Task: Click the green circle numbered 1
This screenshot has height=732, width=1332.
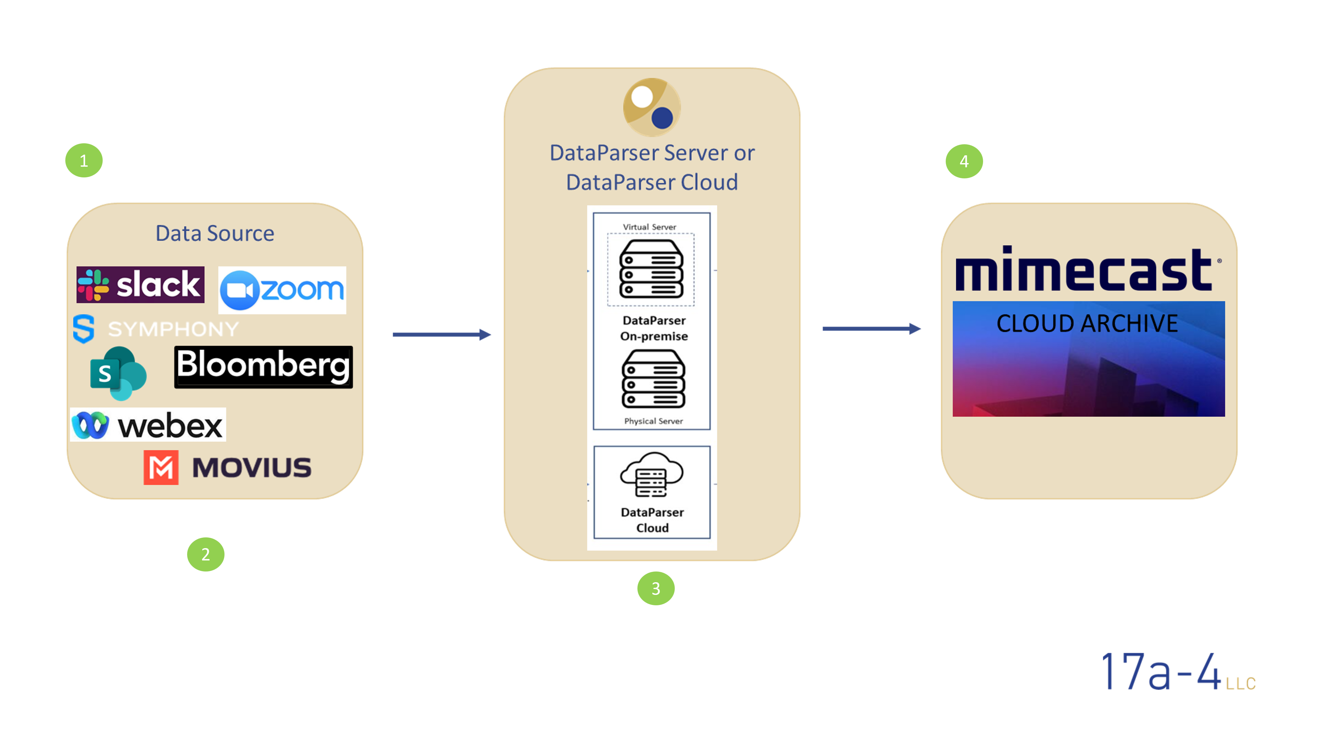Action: point(84,161)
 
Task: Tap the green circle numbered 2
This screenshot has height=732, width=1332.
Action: point(206,555)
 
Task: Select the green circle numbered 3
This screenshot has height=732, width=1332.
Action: point(656,588)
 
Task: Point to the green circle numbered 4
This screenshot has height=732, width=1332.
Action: point(964,161)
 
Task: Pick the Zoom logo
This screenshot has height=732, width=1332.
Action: point(282,290)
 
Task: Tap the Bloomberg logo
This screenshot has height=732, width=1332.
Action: point(263,366)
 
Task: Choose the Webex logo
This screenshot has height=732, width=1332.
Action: point(148,425)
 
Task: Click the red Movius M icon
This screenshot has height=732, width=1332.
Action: point(161,467)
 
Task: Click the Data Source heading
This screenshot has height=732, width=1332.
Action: point(215,234)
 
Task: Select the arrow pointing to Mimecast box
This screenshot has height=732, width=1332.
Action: point(871,328)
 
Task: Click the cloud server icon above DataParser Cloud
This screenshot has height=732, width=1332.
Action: point(651,475)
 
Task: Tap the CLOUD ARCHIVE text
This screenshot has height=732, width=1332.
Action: point(1087,324)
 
